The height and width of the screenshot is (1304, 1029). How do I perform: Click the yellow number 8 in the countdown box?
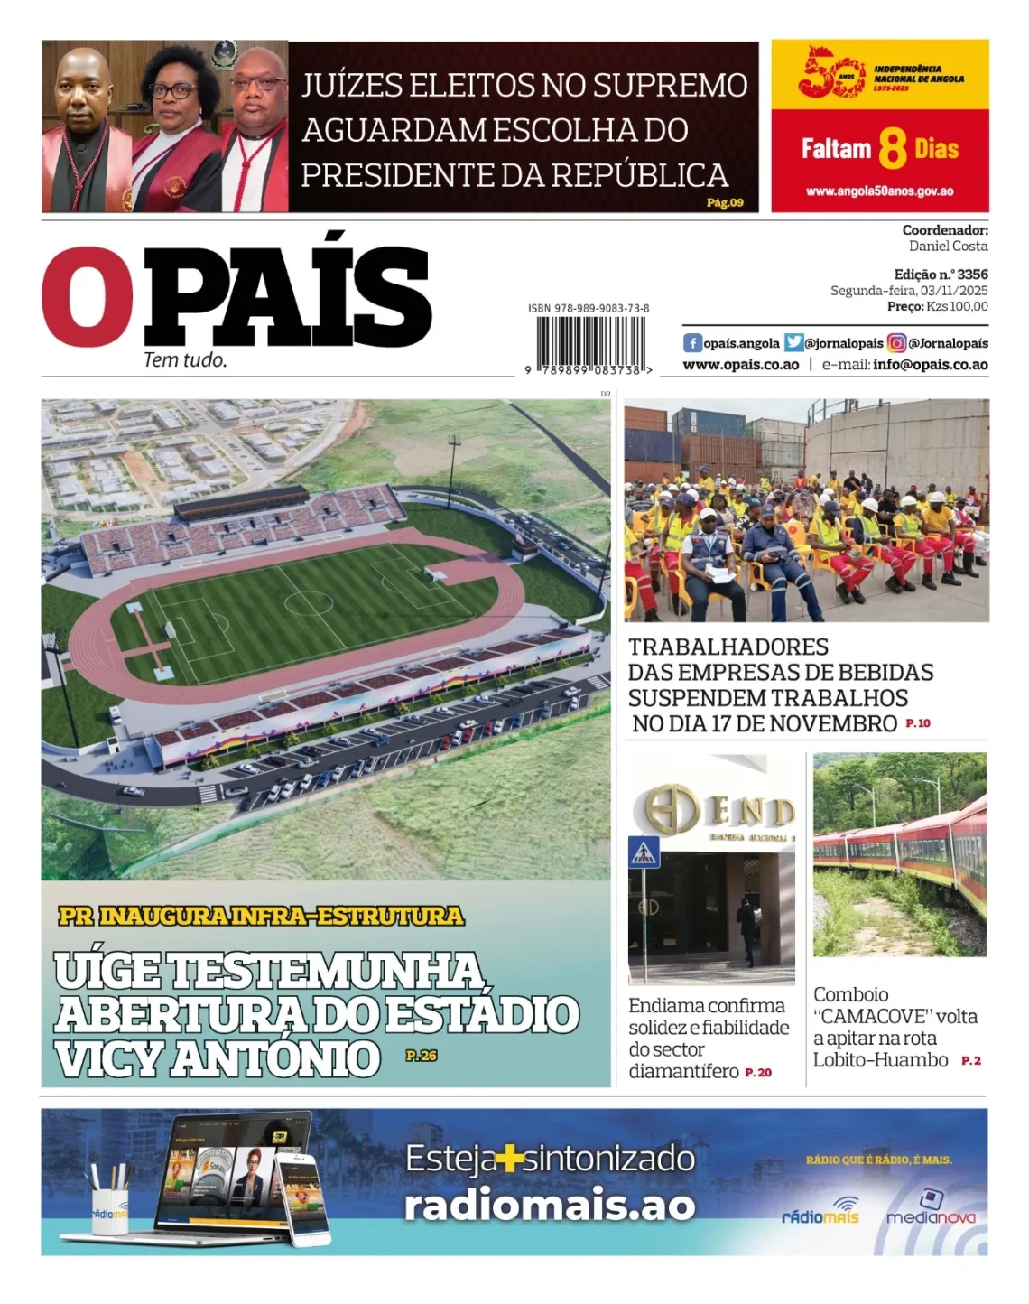tap(892, 149)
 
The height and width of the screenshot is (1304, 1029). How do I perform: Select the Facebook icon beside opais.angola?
tap(692, 343)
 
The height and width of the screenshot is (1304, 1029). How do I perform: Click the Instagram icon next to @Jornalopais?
tap(896, 343)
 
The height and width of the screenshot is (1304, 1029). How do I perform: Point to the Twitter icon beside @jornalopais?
tap(793, 343)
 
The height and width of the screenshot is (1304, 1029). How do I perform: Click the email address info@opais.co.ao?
tap(930, 365)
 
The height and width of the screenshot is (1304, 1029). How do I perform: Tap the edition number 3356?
tap(972, 274)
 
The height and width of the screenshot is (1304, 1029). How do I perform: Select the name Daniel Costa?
tap(948, 246)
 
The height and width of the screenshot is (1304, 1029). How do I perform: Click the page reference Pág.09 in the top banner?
tap(725, 202)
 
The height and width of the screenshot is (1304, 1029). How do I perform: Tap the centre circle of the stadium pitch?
tap(308, 602)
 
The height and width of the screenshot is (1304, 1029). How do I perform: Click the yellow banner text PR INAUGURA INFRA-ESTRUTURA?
tap(261, 916)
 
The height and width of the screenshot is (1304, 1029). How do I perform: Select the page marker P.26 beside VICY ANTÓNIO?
tap(422, 1055)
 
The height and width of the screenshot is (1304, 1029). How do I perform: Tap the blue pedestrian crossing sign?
tap(644, 852)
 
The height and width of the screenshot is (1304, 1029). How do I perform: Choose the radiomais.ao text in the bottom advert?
tap(549, 1206)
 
